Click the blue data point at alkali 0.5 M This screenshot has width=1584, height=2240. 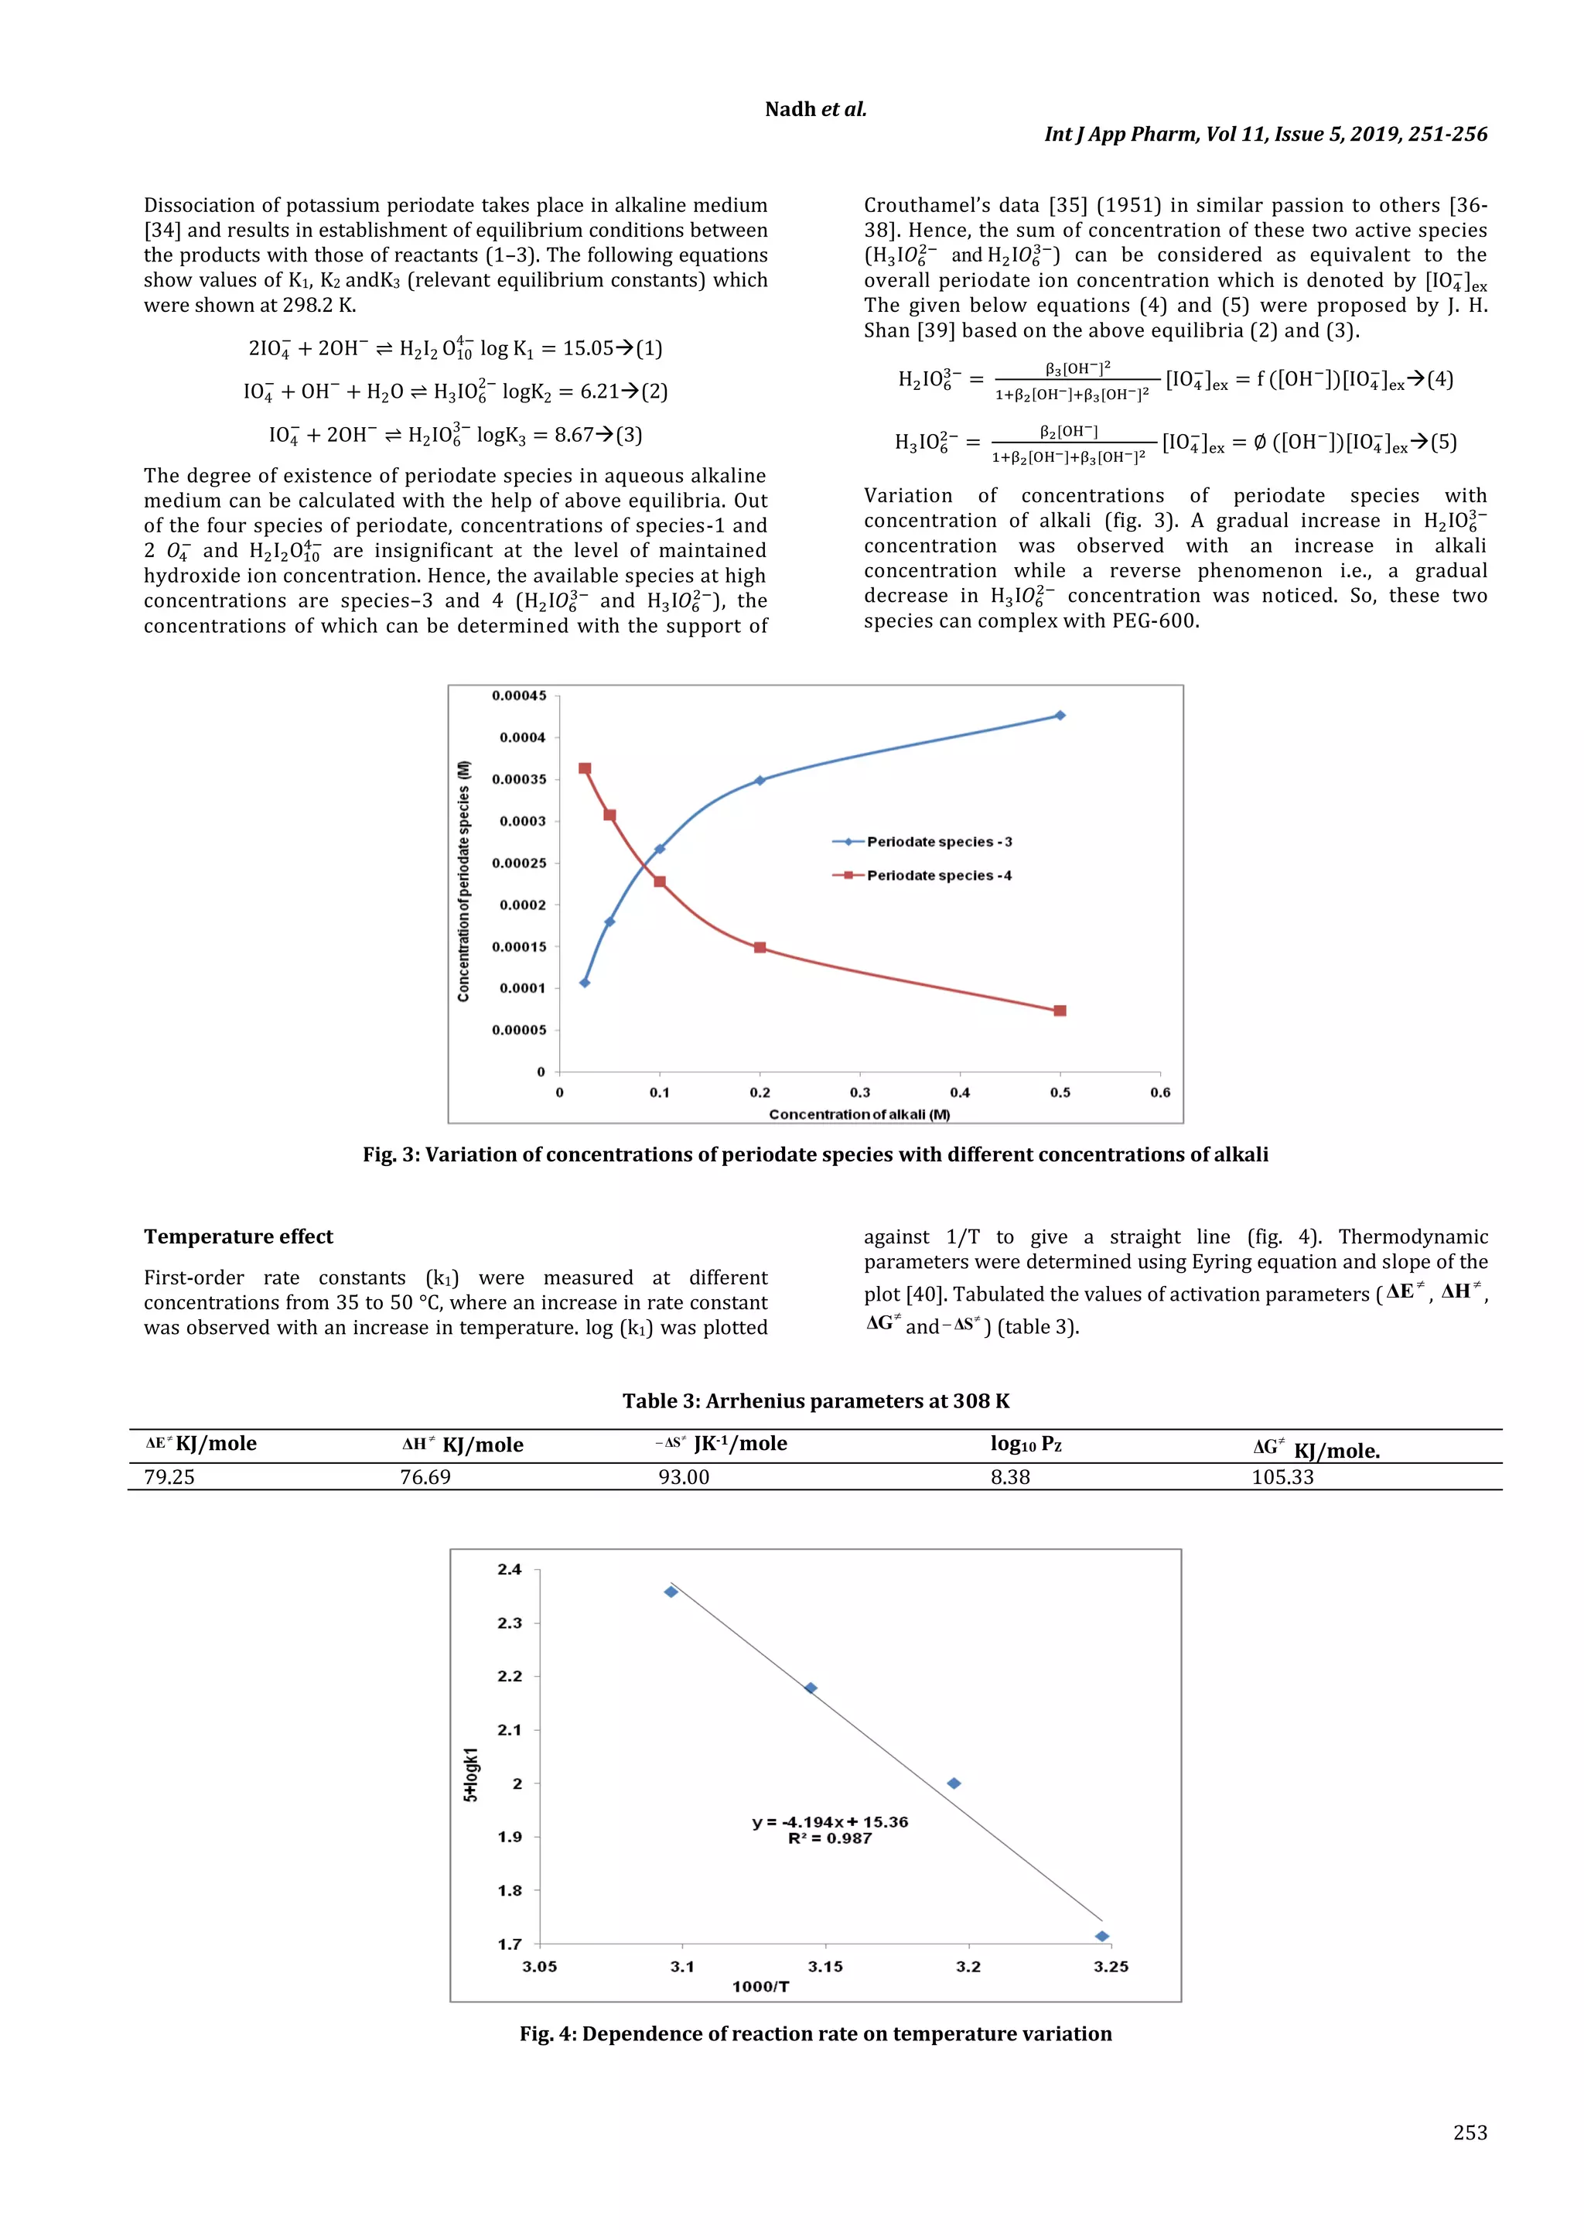point(1060,715)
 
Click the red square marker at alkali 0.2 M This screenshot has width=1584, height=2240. point(760,947)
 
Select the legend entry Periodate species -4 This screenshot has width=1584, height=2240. point(938,875)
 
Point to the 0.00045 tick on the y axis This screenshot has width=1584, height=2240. point(519,696)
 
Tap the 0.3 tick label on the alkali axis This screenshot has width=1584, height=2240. point(859,1093)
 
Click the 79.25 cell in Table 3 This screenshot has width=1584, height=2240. point(169,1477)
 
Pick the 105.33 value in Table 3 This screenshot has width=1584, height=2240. point(1282,1477)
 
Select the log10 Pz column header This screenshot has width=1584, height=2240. point(1025,1444)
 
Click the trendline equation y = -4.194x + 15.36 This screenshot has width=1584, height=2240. point(830,1821)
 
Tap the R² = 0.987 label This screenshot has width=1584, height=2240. point(830,1839)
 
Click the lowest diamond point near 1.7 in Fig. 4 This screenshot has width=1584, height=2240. point(1102,1937)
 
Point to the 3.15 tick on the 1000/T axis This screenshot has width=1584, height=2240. point(825,1967)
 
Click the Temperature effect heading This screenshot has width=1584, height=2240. point(238,1236)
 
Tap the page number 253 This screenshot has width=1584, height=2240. point(1470,2132)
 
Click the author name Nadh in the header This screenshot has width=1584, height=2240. point(790,109)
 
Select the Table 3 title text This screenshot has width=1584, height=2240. point(815,1401)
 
